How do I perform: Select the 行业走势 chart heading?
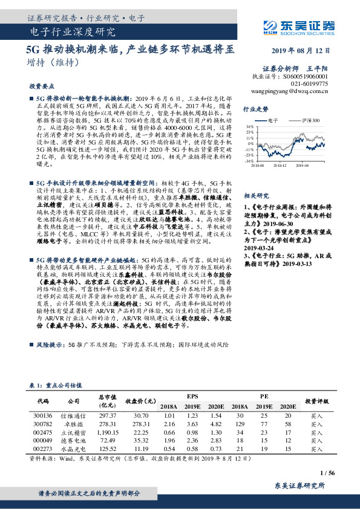pos(255,109)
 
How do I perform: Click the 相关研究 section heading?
pos(255,196)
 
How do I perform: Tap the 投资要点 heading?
pos(41,86)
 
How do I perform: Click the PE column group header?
pos(264,395)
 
